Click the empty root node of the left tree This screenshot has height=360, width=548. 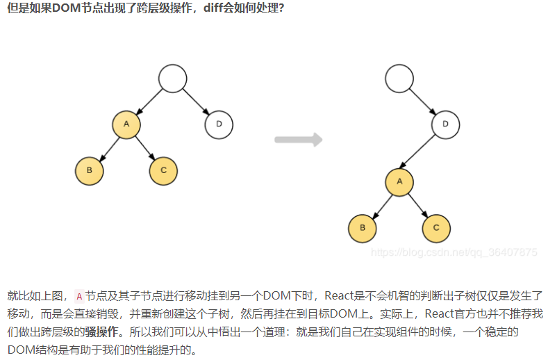coord(172,79)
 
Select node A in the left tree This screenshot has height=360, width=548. coord(126,124)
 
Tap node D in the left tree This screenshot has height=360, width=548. coord(219,124)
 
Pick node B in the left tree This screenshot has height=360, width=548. coord(90,170)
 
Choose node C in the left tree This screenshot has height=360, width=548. coord(163,170)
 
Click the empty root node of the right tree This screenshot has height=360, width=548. coord(399,79)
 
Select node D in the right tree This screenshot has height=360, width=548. coord(445,124)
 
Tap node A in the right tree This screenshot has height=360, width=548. coord(399,182)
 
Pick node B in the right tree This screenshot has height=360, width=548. coord(363,228)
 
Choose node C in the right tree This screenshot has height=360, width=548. coord(436,228)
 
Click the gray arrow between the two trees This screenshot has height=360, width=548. coord(298,140)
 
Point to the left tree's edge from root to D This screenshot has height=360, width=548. coord(196,102)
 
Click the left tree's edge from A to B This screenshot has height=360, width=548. coord(108,147)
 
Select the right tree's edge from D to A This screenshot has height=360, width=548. coord(422,154)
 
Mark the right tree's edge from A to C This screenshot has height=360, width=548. coord(418,205)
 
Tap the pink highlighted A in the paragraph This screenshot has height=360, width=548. coord(78,295)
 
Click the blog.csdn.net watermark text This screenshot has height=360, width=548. coord(454,252)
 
